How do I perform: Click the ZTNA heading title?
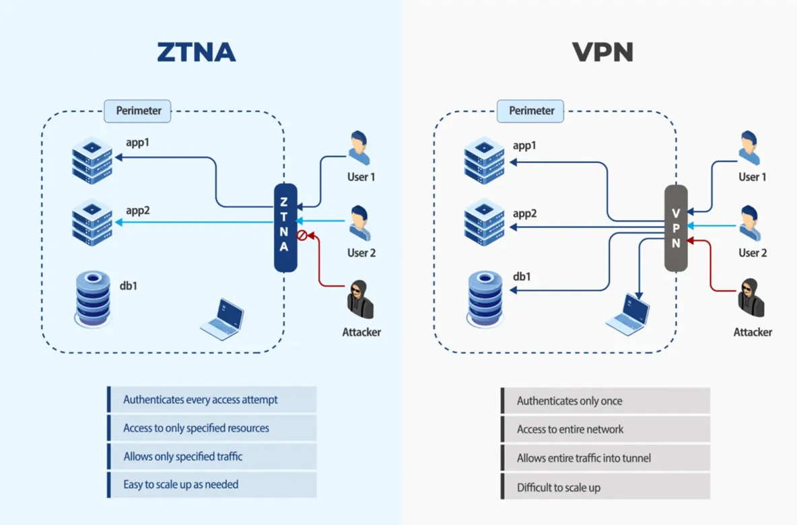(x=196, y=51)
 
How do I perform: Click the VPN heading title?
(x=603, y=51)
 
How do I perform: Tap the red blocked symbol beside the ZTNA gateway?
(x=302, y=235)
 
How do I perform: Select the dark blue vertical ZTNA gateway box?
(x=285, y=228)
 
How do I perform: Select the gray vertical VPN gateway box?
(x=676, y=228)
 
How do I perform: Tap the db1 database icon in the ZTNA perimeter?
(x=92, y=299)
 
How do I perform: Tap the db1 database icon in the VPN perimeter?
(x=485, y=299)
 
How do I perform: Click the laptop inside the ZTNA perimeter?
(x=223, y=318)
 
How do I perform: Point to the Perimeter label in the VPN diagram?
(x=530, y=110)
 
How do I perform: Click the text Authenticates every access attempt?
(x=201, y=400)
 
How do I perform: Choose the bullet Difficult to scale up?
(x=559, y=487)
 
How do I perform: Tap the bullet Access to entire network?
(x=570, y=429)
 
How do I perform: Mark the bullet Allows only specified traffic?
(x=183, y=456)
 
